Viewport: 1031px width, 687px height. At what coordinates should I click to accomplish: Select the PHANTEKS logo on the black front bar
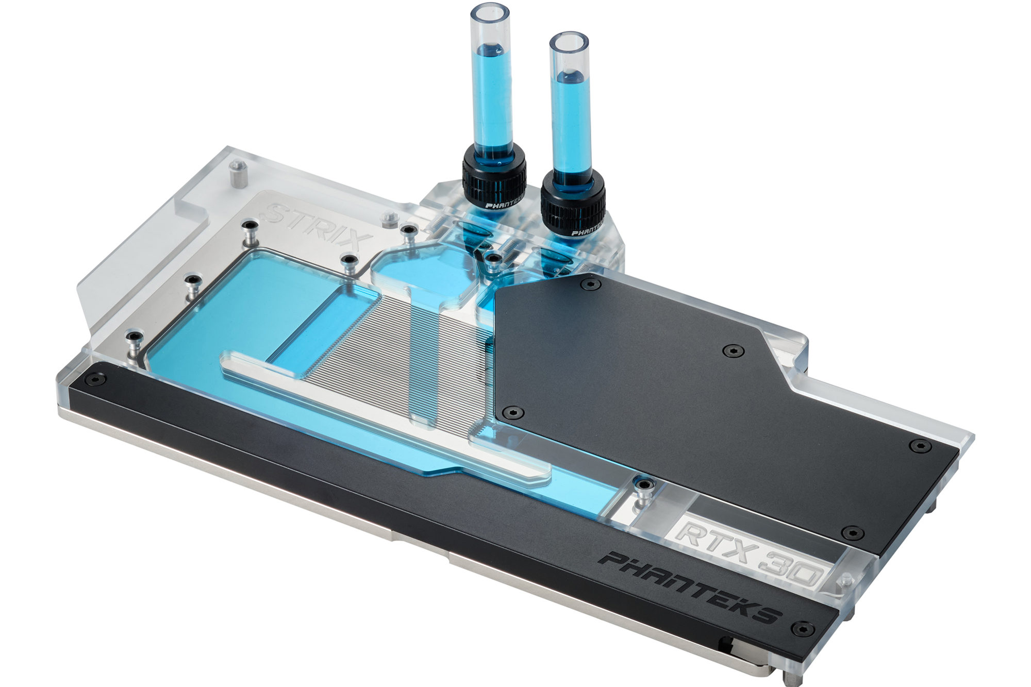tap(691, 585)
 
